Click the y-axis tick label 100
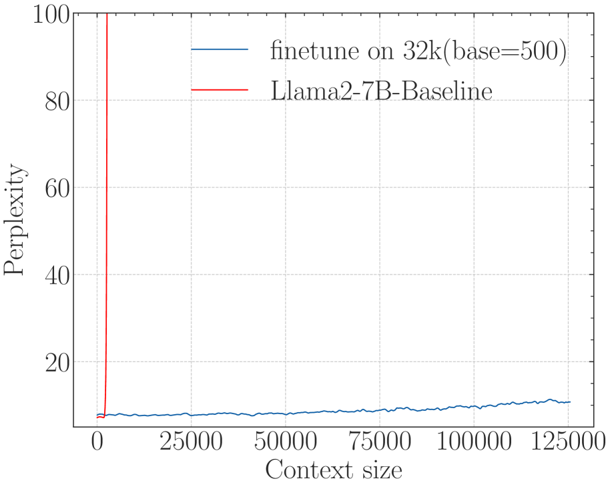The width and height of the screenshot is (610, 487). [x=44, y=14]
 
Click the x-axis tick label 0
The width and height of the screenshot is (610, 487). [x=97, y=442]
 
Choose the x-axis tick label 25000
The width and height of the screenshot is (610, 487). [x=192, y=442]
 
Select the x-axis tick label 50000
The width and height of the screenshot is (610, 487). [x=286, y=442]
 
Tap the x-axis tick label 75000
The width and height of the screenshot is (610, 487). [x=380, y=442]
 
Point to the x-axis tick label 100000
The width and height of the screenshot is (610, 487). [x=473, y=442]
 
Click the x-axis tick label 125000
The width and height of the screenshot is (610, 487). [x=567, y=442]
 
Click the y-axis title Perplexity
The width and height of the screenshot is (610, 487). [x=17, y=220]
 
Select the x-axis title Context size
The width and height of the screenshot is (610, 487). [x=334, y=470]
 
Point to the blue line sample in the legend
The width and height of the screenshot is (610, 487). [x=220, y=49]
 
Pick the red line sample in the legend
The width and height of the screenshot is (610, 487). [x=220, y=90]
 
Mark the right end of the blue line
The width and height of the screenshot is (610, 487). [x=570, y=401]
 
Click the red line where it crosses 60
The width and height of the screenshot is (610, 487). [x=106, y=188]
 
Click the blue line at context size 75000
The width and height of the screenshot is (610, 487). [x=380, y=410]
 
